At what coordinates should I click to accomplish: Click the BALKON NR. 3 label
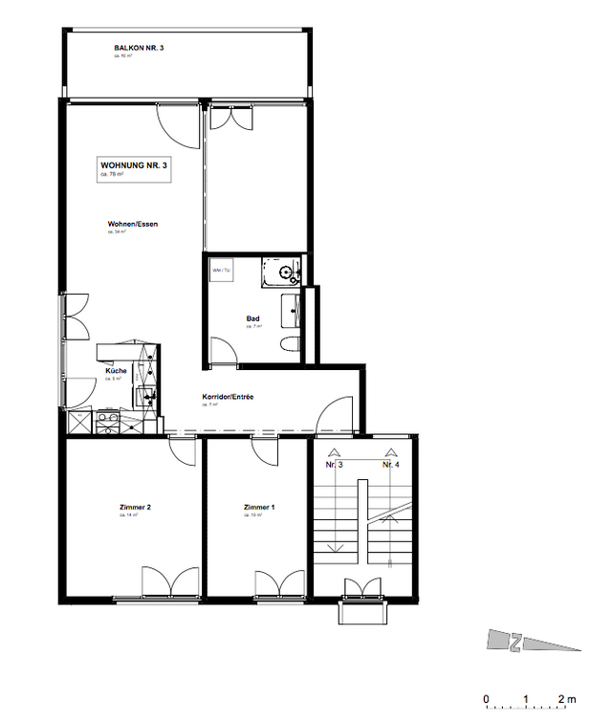[140, 47]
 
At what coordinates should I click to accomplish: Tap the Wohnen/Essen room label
[132, 225]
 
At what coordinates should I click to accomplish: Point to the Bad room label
[252, 320]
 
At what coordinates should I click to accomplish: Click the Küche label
[116, 371]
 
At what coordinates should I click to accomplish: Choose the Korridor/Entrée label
[228, 397]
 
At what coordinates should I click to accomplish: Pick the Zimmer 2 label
[137, 507]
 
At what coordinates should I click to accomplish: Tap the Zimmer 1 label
[258, 507]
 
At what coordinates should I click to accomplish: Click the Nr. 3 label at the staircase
[335, 465]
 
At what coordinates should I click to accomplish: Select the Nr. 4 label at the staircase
[390, 465]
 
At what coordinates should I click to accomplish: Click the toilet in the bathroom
[291, 344]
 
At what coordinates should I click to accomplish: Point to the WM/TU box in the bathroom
[221, 270]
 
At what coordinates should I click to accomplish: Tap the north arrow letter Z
[514, 642]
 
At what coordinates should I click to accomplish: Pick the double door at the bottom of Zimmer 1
[279, 582]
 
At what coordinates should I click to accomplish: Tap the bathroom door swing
[222, 349]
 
